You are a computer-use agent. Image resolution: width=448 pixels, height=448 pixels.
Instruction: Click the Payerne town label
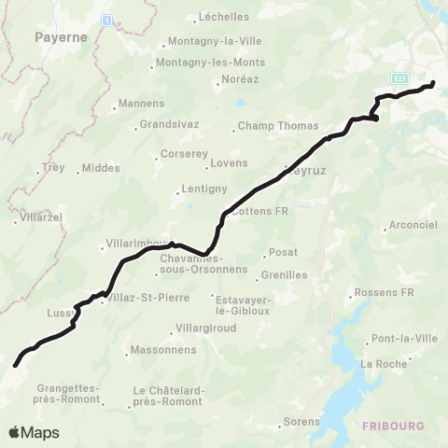tap(61, 37)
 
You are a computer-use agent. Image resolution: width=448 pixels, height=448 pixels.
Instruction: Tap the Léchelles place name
tap(223, 18)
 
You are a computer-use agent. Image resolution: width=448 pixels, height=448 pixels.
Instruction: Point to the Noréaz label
tap(235, 81)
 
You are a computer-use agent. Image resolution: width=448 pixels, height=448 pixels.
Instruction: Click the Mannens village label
tap(137, 105)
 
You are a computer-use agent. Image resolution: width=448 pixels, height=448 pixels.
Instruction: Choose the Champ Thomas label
tap(278, 126)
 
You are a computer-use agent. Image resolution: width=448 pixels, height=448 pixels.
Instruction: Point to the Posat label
tap(283, 252)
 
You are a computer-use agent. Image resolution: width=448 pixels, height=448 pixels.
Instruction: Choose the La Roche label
tap(385, 363)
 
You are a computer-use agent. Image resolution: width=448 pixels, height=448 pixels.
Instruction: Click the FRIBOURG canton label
tap(393, 426)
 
